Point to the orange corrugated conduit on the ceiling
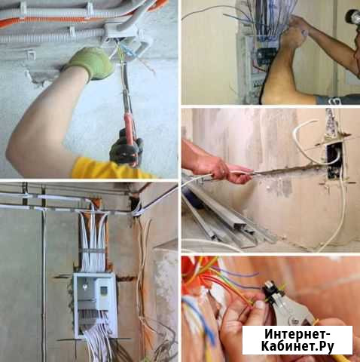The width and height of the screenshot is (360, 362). (50, 21)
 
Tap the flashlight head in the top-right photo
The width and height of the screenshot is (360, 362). (352, 16)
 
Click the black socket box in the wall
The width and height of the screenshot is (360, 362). (334, 161)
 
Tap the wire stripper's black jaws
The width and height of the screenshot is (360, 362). (273, 292)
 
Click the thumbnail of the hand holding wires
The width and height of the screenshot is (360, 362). (260, 305)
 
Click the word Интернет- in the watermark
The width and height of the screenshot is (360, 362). (297, 335)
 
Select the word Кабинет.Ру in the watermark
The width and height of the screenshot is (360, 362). (297, 347)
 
